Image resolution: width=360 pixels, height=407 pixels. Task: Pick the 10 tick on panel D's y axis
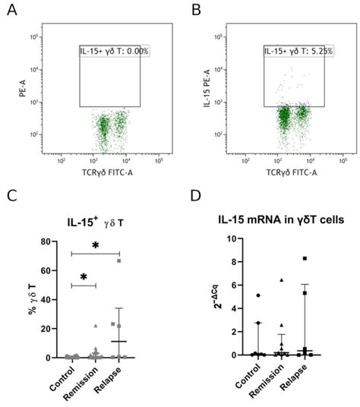(x=226, y=238)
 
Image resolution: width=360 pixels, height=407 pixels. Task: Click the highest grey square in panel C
(x=118, y=260)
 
